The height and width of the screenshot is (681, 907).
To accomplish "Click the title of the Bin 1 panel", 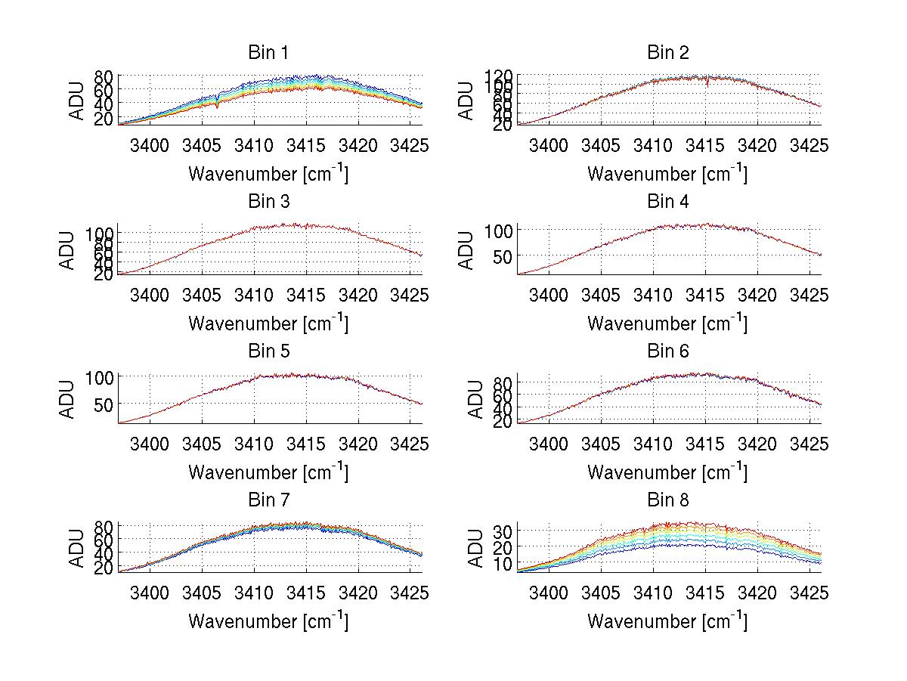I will [x=268, y=53].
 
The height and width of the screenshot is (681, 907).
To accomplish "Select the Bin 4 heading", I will [x=668, y=202].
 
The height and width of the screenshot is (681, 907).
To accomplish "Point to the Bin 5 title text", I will [x=268, y=351].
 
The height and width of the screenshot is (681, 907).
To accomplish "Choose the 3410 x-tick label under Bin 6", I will [x=652, y=444].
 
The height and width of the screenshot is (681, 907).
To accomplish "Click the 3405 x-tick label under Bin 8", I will [x=600, y=593].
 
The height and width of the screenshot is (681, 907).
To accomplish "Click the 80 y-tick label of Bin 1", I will [x=105, y=76].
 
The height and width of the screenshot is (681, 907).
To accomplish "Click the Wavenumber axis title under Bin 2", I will [x=667, y=174].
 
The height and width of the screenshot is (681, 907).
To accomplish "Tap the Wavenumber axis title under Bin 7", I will [x=268, y=621].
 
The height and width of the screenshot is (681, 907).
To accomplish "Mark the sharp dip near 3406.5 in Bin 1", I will [x=218, y=107].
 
